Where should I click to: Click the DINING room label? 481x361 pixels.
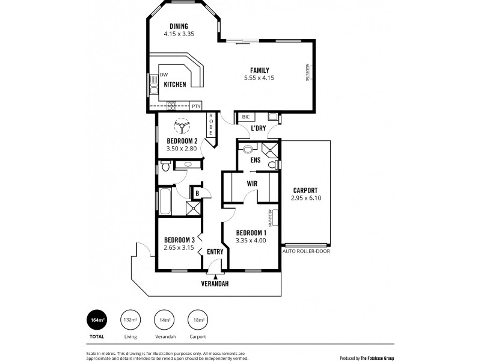179,26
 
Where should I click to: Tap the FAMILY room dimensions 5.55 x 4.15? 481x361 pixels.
259,78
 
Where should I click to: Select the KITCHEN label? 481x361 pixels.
174,85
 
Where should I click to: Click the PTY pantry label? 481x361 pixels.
196,106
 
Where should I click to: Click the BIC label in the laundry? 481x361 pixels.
245,117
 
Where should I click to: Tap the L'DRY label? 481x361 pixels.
259,129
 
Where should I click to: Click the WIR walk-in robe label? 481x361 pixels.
252,184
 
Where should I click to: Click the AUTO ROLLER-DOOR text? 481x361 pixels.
306,251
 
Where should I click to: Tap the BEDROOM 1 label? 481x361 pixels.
251,233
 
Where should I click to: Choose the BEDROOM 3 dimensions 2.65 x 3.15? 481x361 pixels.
179,247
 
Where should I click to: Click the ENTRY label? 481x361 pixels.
215,251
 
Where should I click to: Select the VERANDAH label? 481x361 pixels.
215,282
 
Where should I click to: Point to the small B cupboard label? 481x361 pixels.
197,193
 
